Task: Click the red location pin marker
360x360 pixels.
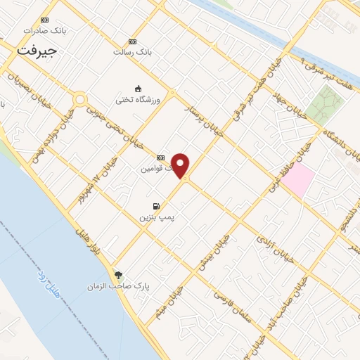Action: click(x=181, y=165)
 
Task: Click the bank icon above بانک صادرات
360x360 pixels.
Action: click(x=46, y=20)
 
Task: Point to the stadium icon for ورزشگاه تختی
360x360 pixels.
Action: click(x=138, y=89)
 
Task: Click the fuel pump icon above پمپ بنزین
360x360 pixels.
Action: click(x=155, y=207)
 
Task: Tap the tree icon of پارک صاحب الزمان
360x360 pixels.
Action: click(x=117, y=275)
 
